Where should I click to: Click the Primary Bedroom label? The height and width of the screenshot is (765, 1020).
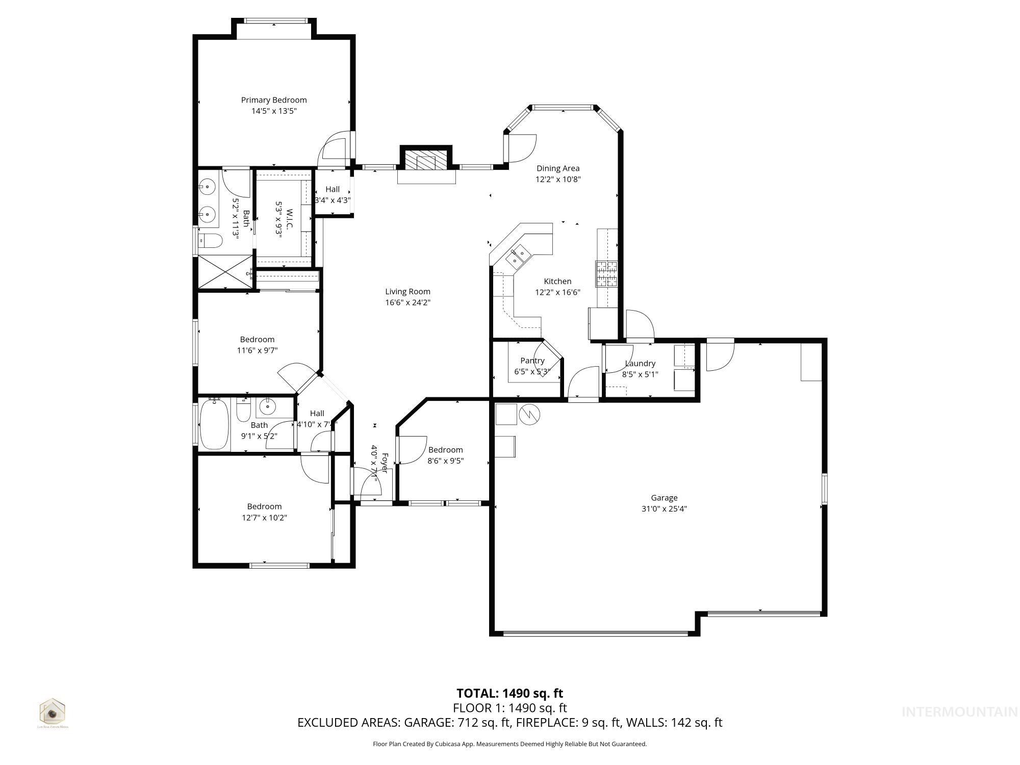pyautogui.click(x=274, y=100)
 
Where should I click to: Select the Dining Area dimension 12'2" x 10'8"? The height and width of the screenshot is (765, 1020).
pyautogui.click(x=558, y=180)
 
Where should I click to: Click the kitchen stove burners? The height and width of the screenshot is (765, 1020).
pyautogui.click(x=606, y=274)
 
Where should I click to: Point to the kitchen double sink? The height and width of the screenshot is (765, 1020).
pyautogui.click(x=518, y=256)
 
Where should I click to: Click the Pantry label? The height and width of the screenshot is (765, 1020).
pyautogui.click(x=532, y=361)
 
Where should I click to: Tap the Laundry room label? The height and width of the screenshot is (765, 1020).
pyautogui.click(x=640, y=364)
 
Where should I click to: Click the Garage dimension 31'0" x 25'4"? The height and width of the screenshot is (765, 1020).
pyautogui.click(x=664, y=508)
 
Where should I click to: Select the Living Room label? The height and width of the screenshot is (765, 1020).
pyautogui.click(x=407, y=292)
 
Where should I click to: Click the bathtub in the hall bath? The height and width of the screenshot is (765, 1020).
pyautogui.click(x=215, y=425)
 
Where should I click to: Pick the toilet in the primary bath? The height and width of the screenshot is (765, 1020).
pyautogui.click(x=210, y=240)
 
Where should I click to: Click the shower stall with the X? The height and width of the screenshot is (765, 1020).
pyautogui.click(x=225, y=273)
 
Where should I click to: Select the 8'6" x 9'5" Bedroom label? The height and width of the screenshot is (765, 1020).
pyautogui.click(x=445, y=450)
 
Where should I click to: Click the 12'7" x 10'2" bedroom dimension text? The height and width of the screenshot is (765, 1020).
pyautogui.click(x=264, y=518)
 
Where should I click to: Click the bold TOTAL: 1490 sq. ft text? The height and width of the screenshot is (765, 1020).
pyautogui.click(x=509, y=693)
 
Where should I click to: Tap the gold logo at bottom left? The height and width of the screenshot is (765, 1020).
pyautogui.click(x=53, y=712)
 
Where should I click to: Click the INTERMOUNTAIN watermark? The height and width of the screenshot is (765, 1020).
pyautogui.click(x=959, y=712)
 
